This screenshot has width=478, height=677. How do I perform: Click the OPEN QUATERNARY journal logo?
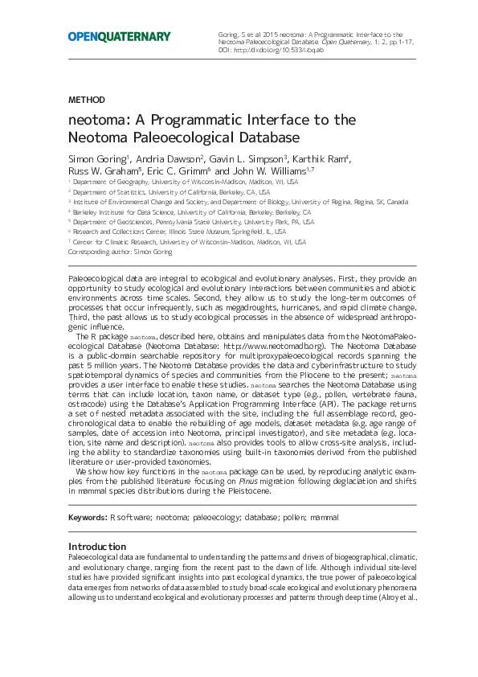(x=119, y=36)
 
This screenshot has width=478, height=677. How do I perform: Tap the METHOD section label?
(x=86, y=100)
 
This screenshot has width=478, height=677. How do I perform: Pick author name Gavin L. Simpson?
(x=251, y=158)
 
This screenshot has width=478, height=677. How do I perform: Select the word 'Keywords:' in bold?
(x=87, y=517)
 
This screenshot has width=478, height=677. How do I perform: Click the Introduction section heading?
(x=97, y=547)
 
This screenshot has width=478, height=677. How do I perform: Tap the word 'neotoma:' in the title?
(x=98, y=120)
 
